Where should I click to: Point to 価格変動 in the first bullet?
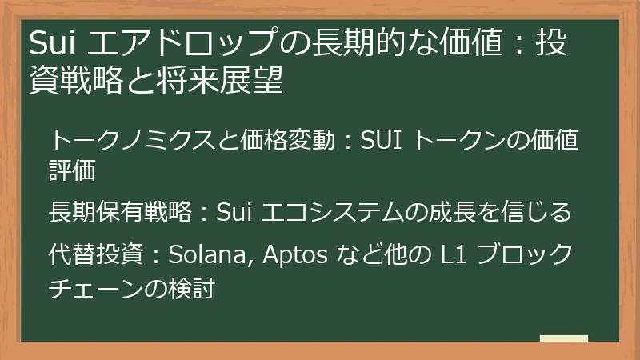tap(287, 140)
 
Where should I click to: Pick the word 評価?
tap(72, 170)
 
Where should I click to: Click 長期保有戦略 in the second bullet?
tap(120, 212)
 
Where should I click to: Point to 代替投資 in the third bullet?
tap(96, 254)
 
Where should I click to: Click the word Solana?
tap(210, 254)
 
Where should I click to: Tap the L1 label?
tap(454, 254)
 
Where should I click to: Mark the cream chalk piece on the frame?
tap(564, 338)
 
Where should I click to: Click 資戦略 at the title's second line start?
tap(76, 79)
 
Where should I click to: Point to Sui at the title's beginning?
tap(52, 43)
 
